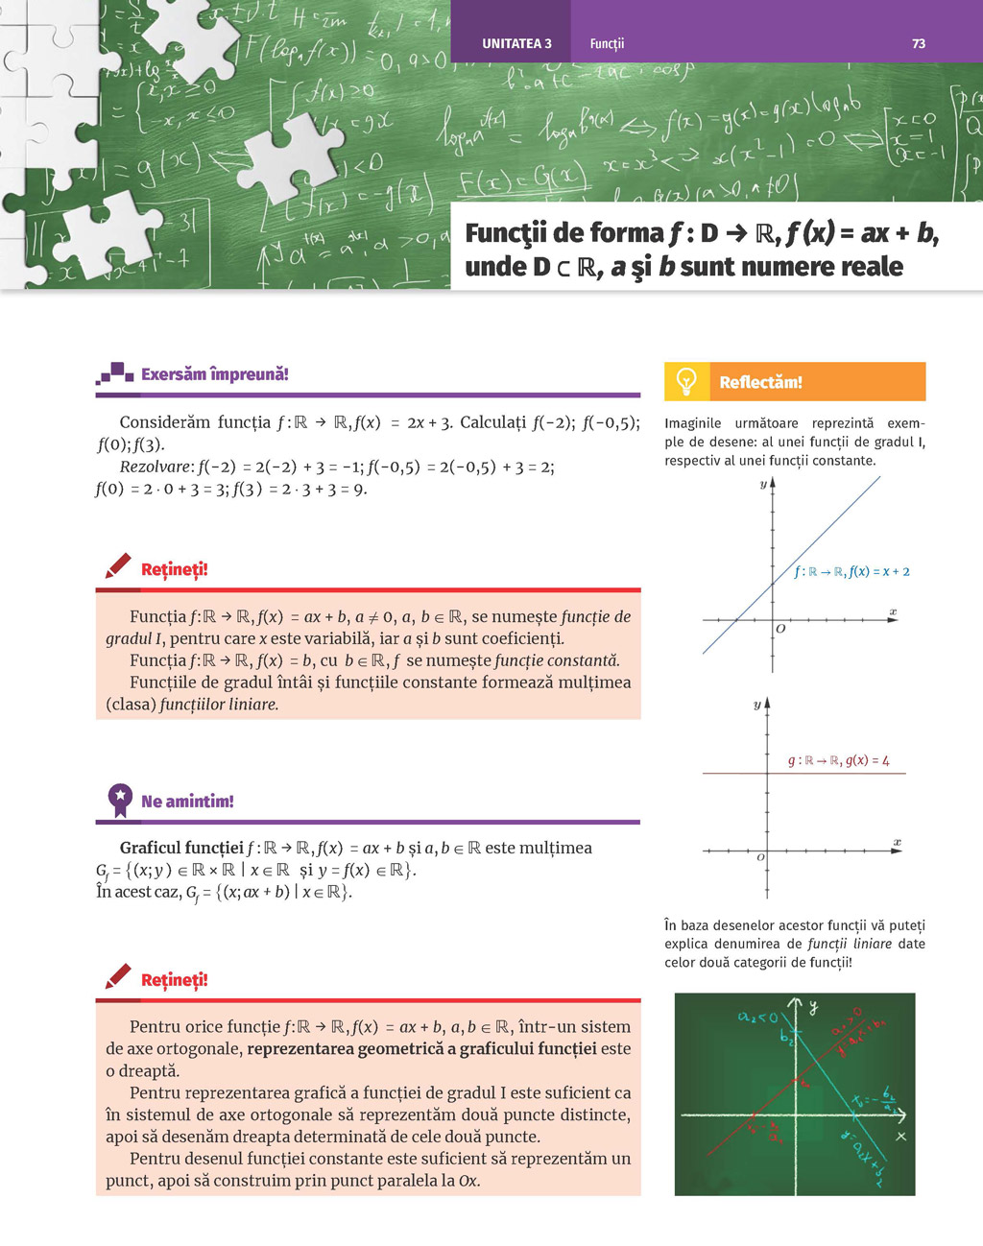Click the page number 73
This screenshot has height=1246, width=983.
click(919, 43)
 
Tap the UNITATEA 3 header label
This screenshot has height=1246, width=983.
click(516, 43)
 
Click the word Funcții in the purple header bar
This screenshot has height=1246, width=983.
click(607, 43)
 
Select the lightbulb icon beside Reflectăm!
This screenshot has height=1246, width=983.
click(686, 381)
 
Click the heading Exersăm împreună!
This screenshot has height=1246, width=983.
click(214, 374)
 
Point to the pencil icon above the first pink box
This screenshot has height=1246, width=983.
click(118, 566)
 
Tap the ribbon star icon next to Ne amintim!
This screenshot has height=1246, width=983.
click(120, 800)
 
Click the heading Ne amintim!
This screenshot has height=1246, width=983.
click(187, 801)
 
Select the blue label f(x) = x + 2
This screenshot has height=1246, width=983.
click(851, 571)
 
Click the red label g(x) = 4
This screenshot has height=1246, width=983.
click(839, 760)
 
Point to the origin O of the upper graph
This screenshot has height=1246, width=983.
click(779, 629)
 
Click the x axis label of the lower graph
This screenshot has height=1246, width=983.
click(897, 842)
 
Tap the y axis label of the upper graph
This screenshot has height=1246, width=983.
click(763, 484)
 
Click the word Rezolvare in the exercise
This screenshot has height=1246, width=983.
click(156, 467)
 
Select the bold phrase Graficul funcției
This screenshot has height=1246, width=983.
click(181, 848)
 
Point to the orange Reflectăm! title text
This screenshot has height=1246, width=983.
click(760, 382)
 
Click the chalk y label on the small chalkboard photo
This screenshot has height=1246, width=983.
click(813, 1007)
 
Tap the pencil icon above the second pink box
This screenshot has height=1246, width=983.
click(118, 977)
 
